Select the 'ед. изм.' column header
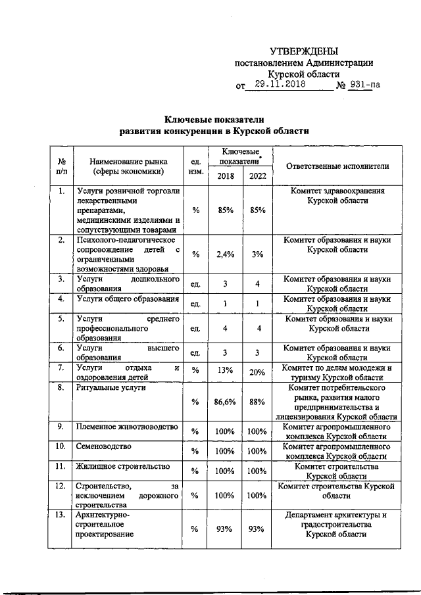click(x=195, y=166)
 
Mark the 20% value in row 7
click(x=257, y=373)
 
